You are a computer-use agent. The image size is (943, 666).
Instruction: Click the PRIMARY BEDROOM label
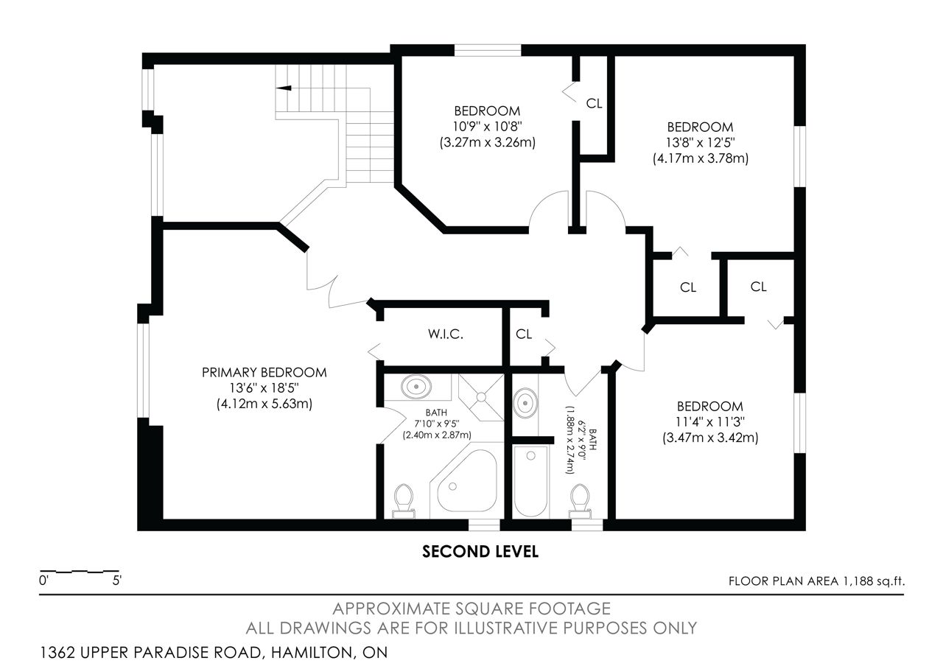point(264,373)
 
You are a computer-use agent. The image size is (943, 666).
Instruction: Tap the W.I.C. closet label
point(446,334)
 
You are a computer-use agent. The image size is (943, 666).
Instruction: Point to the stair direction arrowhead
point(284,88)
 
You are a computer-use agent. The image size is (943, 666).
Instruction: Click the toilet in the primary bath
point(403,501)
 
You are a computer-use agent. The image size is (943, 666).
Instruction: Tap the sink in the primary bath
point(416,386)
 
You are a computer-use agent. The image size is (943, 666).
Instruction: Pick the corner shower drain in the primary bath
point(481,396)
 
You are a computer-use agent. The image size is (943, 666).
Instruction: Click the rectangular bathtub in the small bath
point(531,482)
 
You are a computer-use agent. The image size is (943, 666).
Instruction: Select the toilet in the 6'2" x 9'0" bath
point(580,501)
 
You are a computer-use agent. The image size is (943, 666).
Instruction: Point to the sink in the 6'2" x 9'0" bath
point(525,403)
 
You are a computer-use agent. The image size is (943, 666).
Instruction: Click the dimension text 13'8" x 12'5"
point(700,143)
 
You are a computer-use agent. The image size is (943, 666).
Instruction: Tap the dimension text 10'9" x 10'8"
point(487,126)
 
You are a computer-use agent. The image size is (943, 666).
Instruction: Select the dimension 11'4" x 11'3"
point(709,422)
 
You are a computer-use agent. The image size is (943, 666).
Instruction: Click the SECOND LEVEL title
point(480,552)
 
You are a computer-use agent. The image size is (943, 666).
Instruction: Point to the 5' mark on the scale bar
point(116,581)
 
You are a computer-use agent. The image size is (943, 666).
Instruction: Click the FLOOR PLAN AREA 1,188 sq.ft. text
point(816,581)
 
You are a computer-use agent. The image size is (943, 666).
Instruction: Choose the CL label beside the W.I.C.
point(524,334)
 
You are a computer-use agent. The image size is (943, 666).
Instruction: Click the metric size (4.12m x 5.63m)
point(264,404)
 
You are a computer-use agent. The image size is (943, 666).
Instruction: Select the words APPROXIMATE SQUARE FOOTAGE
point(471,609)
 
